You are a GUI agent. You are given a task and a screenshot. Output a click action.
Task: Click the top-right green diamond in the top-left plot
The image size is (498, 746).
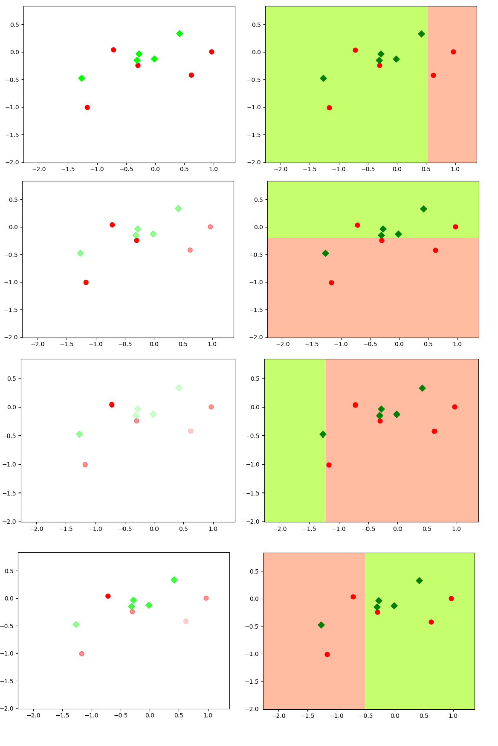[x=180, y=34]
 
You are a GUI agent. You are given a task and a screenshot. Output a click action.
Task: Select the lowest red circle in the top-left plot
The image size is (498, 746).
[x=87, y=108]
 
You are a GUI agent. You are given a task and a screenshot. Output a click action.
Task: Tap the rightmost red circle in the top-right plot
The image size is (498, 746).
[x=453, y=52]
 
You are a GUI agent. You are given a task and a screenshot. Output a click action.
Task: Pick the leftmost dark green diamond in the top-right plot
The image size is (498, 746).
[x=323, y=79]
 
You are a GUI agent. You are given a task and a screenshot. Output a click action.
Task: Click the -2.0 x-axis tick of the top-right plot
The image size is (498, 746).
[x=281, y=163]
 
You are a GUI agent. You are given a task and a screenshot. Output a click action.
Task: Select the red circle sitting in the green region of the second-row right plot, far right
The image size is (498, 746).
[x=455, y=227]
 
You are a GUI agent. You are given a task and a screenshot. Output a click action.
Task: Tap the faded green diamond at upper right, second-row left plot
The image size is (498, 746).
[x=178, y=209]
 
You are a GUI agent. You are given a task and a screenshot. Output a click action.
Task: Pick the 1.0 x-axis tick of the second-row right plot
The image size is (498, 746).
[x=457, y=338]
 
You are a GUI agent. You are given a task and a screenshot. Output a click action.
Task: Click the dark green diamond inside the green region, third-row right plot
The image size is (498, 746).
[x=323, y=434]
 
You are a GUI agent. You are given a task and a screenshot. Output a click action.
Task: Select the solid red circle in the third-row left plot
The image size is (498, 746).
[x=112, y=405]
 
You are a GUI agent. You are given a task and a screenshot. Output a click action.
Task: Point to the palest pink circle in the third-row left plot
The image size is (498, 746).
[x=191, y=431]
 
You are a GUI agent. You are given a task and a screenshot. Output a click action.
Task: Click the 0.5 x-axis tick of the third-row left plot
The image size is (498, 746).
[x=183, y=522]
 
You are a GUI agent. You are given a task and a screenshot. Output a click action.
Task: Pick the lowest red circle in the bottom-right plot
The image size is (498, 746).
[x=327, y=654]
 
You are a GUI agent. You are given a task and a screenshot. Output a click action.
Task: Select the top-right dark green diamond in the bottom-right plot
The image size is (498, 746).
[x=419, y=581]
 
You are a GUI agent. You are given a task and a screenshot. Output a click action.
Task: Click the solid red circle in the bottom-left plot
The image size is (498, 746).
[x=108, y=596]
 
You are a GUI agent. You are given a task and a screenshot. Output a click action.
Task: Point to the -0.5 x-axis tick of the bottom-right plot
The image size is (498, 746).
[x=365, y=710]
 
